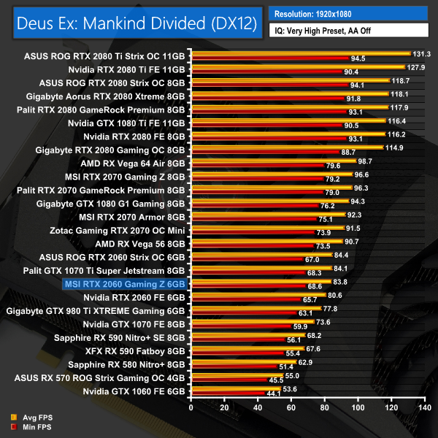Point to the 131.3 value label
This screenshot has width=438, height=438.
pos(422,54)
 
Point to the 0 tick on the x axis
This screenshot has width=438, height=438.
pos(191,407)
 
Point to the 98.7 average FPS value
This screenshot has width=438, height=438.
pos(366,161)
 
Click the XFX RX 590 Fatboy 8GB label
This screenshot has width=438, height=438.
pos(137,350)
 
